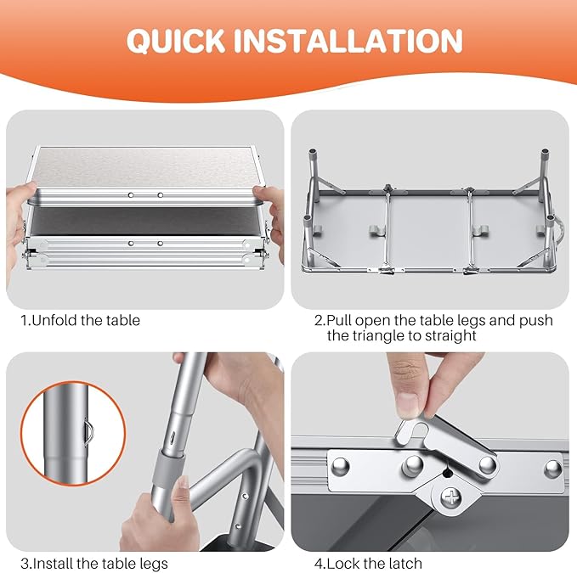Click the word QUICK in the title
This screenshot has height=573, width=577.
[176, 41]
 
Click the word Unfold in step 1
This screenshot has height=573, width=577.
[55, 321]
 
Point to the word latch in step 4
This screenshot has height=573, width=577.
[404, 563]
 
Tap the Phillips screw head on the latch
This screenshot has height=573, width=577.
[451, 498]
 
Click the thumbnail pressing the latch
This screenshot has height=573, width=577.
[410, 403]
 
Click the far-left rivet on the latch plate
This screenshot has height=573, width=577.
[341, 468]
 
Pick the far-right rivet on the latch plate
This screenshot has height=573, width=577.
[552, 469]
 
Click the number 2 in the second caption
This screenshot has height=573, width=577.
[319, 321]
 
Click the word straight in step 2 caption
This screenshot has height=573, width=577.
[450, 335]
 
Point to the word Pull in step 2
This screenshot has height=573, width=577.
[339, 321]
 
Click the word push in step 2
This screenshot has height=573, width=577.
[536, 321]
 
